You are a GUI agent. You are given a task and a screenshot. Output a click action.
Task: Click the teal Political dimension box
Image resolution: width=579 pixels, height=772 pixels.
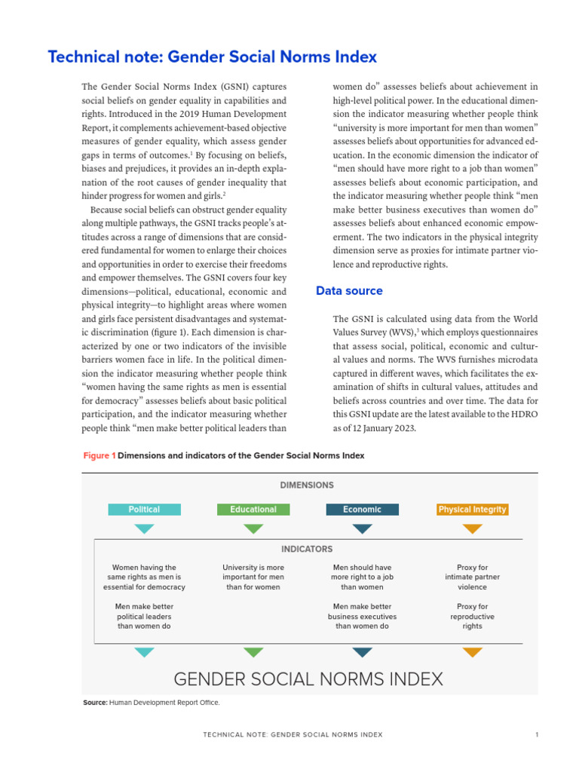[144, 510]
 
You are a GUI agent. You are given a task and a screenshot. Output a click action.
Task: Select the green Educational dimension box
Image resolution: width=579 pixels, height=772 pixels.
[253, 510]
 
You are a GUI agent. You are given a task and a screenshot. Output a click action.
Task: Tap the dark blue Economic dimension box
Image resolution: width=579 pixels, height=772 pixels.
[362, 510]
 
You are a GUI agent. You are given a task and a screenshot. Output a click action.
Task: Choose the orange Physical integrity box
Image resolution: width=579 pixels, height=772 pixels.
[472, 510]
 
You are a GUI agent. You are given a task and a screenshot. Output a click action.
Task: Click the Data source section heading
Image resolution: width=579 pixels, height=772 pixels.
[349, 291]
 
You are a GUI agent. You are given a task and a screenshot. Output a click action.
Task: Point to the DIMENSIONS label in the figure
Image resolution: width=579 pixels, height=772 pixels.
[306, 486]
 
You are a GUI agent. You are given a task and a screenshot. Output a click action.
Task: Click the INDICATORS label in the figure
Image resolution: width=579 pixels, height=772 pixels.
[306, 550]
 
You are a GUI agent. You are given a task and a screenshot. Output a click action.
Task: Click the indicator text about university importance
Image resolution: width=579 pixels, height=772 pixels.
[253, 577]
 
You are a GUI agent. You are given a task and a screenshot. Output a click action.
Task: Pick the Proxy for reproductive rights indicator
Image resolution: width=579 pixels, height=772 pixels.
[472, 616]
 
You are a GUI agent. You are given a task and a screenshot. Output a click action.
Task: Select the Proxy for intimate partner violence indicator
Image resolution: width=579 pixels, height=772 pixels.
[472, 577]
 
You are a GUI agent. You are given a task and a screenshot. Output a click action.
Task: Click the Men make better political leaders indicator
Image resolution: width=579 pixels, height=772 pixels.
[144, 616]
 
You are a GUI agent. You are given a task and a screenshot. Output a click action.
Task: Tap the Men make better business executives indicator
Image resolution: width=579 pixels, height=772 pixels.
[362, 616]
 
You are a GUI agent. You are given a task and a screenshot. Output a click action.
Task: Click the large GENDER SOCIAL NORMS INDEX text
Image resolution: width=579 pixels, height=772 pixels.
[308, 679]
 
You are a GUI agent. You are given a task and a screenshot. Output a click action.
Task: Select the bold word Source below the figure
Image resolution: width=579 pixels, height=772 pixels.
[95, 703]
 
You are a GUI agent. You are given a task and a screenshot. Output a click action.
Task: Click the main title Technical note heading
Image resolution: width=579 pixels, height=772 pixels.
[212, 57]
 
